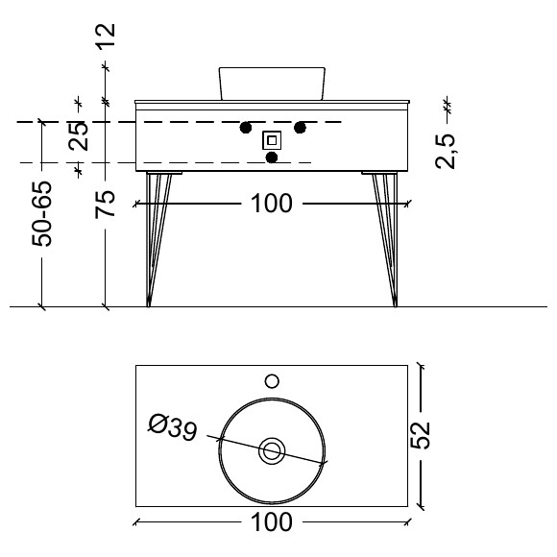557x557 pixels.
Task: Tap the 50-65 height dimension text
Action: coord(42,213)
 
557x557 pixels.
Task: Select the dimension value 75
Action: coord(105,205)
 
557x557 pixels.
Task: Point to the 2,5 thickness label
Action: coord(445,151)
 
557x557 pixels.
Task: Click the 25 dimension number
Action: coord(78,135)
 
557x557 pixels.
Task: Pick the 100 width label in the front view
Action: coord(272,204)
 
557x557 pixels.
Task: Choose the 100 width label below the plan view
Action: coord(272,521)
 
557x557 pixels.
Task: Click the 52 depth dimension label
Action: coord(421,435)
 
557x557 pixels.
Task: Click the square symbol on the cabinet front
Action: coord(272,140)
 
